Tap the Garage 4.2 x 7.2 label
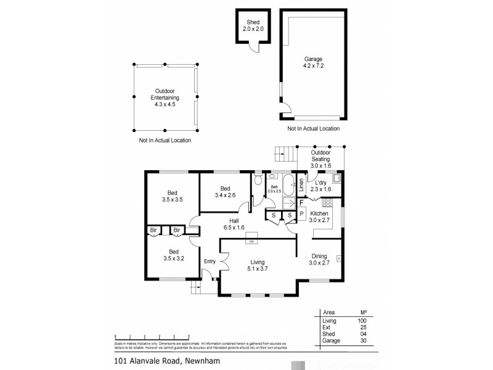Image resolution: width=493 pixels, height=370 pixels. pos(312,64)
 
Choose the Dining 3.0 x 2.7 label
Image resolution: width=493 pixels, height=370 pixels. pos(320,259)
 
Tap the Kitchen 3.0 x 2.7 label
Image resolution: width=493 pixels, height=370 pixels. pos(320,216)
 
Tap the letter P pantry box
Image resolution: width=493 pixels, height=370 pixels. pos(302,213)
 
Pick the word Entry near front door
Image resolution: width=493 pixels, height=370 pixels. pos(210,261)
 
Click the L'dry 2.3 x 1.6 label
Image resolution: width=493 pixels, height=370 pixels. pos(320,187)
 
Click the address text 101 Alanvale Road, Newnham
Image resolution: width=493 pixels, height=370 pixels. pos(166,362)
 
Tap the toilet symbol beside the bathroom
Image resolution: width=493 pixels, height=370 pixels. pos(258,182)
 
